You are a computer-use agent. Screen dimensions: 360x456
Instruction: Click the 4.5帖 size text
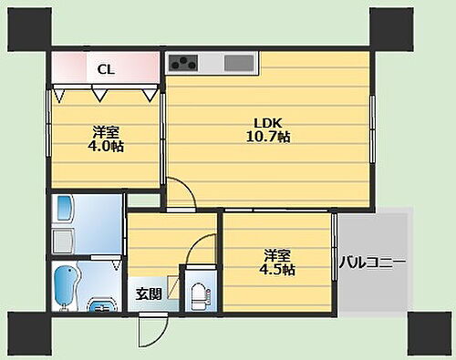[278, 269]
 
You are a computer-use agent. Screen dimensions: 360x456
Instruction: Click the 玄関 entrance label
[149, 293]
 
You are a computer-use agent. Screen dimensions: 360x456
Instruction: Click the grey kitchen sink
[240, 64]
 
